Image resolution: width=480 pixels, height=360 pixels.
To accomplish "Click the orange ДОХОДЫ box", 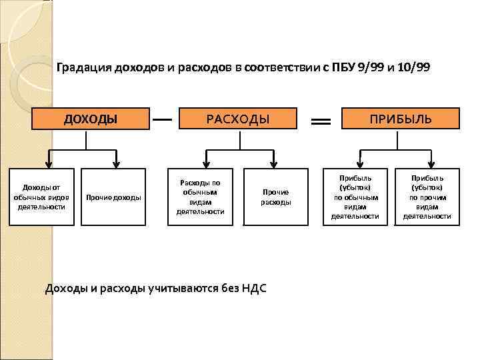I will [91, 119].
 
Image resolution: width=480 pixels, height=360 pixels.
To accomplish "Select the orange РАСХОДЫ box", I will [238, 119].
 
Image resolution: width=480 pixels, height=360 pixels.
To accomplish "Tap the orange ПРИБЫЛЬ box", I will [401, 119].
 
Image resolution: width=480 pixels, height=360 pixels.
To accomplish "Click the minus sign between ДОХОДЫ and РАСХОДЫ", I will [163, 119].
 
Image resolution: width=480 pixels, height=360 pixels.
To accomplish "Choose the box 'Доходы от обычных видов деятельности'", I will [41, 197].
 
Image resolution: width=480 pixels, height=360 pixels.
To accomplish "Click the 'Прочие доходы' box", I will [114, 197].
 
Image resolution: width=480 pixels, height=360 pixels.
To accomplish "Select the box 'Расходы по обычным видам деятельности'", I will [200, 197].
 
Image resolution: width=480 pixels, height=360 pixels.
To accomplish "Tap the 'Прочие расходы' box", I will [275, 197].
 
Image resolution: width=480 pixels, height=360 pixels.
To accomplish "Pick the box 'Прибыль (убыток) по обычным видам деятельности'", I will [355, 197].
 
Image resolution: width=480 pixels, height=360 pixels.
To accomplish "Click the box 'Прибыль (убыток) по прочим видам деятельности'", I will [427, 197].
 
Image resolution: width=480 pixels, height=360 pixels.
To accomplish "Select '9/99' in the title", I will [370, 67].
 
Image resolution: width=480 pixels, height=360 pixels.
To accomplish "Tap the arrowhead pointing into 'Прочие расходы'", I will [273, 162].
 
